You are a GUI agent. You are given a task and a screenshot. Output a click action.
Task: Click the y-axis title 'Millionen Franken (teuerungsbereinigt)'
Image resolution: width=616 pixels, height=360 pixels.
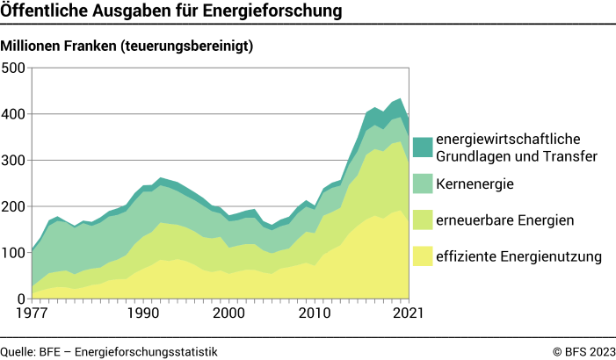coord(127,47)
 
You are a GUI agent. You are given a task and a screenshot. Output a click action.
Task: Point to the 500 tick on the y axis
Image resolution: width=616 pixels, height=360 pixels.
coord(15,68)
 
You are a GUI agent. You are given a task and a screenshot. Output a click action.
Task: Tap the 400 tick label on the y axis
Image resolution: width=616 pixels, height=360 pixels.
coord(15,114)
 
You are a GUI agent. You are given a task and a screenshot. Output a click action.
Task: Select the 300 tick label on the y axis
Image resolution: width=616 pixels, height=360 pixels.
coord(15,161)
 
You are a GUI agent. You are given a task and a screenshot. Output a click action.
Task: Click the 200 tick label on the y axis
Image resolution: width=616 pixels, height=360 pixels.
coord(15,207)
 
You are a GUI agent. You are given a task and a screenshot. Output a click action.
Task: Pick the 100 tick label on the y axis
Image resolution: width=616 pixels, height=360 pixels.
coord(15,254)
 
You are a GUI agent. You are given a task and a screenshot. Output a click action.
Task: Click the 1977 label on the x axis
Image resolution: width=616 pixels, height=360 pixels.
coord(31,313)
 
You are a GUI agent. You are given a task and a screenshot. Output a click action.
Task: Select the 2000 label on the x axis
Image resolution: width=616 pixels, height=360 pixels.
coord(229,313)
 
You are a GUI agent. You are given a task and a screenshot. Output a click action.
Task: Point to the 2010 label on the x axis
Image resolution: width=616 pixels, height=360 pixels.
coord(315,313)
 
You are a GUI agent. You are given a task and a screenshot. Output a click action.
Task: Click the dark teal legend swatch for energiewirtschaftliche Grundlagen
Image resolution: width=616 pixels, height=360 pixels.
coord(423,148)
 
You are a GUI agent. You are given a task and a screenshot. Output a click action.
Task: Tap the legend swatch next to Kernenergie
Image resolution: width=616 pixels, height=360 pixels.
coord(423,184)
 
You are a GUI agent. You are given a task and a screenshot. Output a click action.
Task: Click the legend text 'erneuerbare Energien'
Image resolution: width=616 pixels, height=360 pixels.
coord(500,220)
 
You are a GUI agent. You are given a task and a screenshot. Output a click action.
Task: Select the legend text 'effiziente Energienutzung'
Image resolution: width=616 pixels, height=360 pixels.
coord(518,256)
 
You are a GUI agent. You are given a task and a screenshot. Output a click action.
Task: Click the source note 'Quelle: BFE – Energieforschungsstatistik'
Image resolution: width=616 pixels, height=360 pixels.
coord(109,351)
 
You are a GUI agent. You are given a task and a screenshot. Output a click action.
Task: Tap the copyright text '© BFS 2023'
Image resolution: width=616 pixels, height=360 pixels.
coord(583,351)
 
